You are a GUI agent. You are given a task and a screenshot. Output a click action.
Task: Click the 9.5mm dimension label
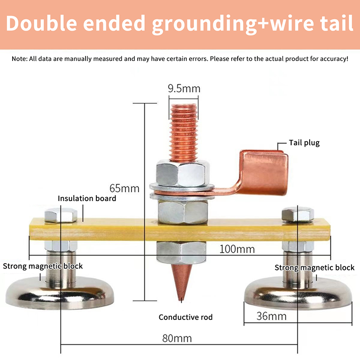pyautogui.click(x=184, y=88)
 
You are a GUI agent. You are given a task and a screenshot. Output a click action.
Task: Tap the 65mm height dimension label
pyautogui.click(x=124, y=187)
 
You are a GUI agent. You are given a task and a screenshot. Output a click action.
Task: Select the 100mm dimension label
pyautogui.click(x=237, y=249)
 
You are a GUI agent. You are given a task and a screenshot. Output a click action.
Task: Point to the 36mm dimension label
pyautogui.click(x=271, y=316)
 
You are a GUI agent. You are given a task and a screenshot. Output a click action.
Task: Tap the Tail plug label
pyautogui.click(x=305, y=143)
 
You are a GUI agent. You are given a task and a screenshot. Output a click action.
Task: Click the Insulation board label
pyautogui.click(x=87, y=198)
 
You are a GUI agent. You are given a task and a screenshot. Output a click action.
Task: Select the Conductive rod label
pyautogui.click(x=185, y=317)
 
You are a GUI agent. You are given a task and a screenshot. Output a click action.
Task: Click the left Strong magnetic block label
pyautogui.click(x=43, y=266)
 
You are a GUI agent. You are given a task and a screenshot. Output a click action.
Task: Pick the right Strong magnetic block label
pyautogui.click(x=315, y=268)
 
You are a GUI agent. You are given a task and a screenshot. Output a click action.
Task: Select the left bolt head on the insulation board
pyautogui.click(x=58, y=215)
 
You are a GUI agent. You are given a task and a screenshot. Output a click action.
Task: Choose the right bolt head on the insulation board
pyautogui.click(x=297, y=214)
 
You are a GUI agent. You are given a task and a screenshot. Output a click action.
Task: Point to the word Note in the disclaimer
pyautogui.click(x=19, y=59)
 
